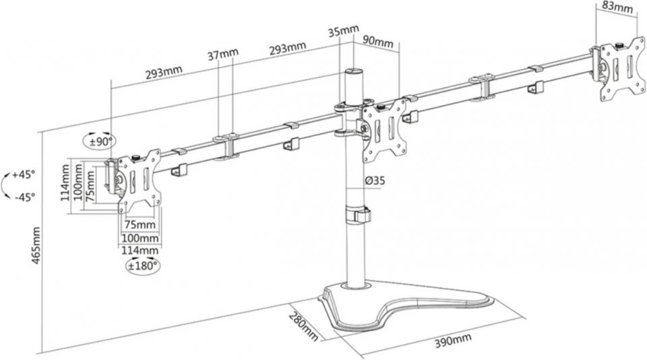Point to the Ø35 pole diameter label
pyautogui.click(x=375, y=181)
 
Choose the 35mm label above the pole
pyautogui.click(x=343, y=32)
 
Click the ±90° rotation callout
pyautogui.click(x=102, y=142)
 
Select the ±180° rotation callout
pyautogui.click(x=143, y=264)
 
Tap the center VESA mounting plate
pyautogui.click(x=385, y=129)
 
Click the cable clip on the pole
pyautogui.click(x=359, y=215)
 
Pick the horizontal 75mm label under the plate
pyautogui.click(x=140, y=224)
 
